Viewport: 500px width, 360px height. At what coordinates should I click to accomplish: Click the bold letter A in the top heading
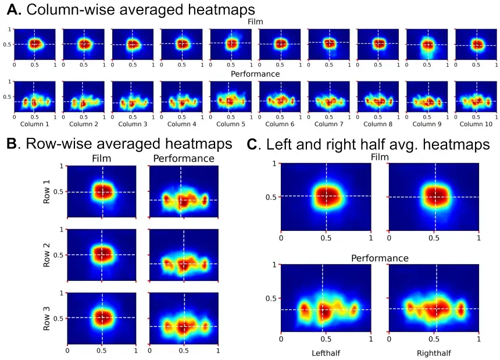[x=12, y=9]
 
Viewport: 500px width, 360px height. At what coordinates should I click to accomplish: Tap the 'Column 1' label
[x=34, y=124]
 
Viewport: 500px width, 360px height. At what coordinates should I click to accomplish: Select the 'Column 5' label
[x=231, y=124]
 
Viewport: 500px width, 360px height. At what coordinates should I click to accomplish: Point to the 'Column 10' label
[x=476, y=124]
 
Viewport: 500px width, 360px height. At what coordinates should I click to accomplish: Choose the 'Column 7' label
[x=329, y=124]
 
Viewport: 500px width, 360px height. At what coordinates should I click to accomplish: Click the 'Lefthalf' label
[x=326, y=353]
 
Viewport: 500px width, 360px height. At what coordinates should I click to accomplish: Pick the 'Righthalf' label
[x=433, y=353]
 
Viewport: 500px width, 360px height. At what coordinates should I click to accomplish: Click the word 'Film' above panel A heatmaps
[x=255, y=22]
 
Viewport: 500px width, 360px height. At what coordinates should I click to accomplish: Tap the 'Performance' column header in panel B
[x=184, y=158]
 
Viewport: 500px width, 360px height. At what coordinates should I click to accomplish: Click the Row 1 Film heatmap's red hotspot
[x=102, y=191]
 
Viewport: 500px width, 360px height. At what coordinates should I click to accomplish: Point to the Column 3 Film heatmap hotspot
[x=133, y=44]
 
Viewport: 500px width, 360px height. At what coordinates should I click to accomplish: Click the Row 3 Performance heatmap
[x=184, y=323]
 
